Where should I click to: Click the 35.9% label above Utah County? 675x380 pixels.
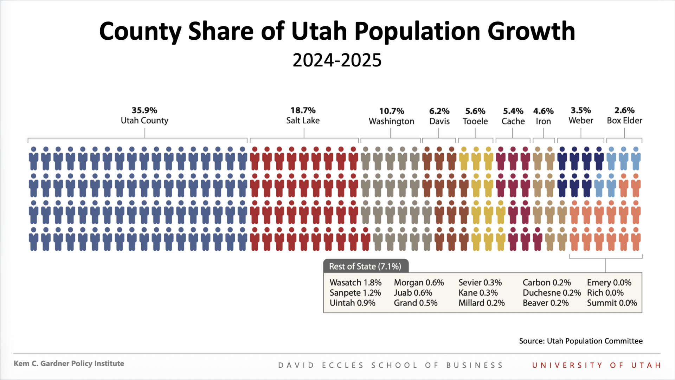pyautogui.click(x=144, y=110)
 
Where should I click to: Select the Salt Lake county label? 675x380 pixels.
pyautogui.click(x=303, y=121)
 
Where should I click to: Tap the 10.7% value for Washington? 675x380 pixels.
pyautogui.click(x=391, y=111)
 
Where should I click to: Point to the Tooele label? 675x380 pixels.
pyautogui.click(x=475, y=121)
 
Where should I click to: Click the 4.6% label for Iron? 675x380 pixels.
pyautogui.click(x=543, y=111)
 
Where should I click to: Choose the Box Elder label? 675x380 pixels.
pyautogui.click(x=624, y=121)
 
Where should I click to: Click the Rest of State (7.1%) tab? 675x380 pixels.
pyautogui.click(x=365, y=266)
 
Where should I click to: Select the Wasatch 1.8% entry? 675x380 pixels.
pyautogui.click(x=355, y=283)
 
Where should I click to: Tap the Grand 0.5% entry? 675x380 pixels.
pyautogui.click(x=415, y=303)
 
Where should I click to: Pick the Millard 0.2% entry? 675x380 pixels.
pyautogui.click(x=481, y=303)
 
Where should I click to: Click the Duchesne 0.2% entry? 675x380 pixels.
pyautogui.click(x=551, y=293)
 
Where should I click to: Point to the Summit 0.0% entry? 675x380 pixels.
pyautogui.click(x=612, y=303)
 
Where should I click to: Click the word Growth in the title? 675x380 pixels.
pyautogui.click(x=531, y=31)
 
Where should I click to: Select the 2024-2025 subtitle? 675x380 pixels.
pyautogui.click(x=337, y=60)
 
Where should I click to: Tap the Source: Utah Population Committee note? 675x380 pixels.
pyautogui.click(x=580, y=341)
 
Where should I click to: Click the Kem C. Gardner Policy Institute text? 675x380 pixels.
pyautogui.click(x=69, y=363)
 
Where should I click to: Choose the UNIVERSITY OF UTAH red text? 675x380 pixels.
pyautogui.click(x=596, y=365)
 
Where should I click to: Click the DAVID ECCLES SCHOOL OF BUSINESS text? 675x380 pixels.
pyautogui.click(x=390, y=365)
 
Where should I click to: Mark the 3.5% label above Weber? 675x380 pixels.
pyautogui.click(x=580, y=110)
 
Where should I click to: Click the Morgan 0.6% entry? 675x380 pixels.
pyautogui.click(x=418, y=283)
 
